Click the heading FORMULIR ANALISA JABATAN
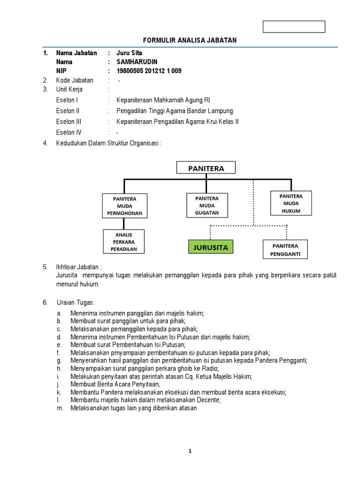tap(189, 41)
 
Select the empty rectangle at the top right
tap(294, 27)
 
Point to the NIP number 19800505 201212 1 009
tap(148, 71)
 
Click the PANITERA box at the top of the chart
tap(207, 168)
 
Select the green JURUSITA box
tap(210, 247)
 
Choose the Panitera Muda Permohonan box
tap(124, 206)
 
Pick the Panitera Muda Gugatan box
tap(207, 206)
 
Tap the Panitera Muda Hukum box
tap(291, 203)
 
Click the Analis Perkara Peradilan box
tap(124, 241)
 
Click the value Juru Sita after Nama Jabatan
tap(129, 53)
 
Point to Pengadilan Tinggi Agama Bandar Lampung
tap(174, 111)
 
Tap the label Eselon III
tap(69, 122)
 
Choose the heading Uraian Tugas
tap(75, 302)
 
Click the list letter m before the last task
tap(59, 408)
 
